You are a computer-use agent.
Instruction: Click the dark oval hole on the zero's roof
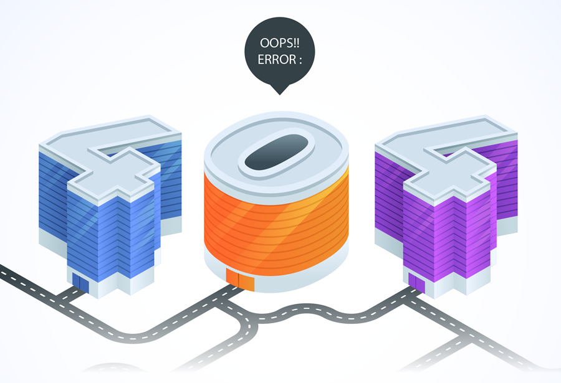point(276,153)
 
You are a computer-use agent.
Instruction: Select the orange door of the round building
point(240,281)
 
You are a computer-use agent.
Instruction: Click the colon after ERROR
point(299,62)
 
